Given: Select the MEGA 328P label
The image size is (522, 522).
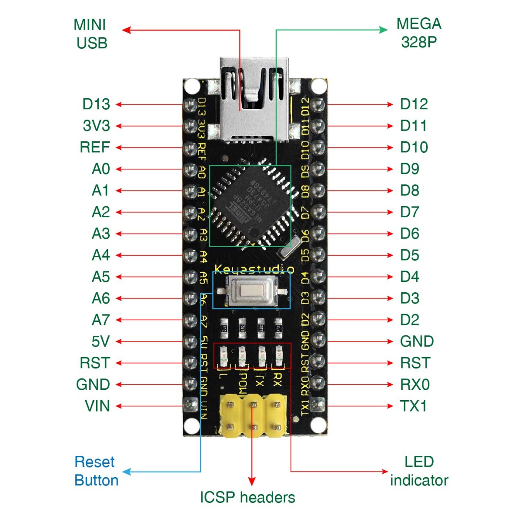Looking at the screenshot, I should click(418, 33).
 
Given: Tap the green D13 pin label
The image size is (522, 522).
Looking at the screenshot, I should click(96, 104).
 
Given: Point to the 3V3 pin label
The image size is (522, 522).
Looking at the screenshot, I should click(96, 126).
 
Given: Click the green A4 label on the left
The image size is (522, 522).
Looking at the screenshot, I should click(100, 255).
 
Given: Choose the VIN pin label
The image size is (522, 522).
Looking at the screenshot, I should click(97, 406).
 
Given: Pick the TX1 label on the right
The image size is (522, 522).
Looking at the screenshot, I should click(413, 406).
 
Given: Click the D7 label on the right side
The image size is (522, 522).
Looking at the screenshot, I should click(409, 212).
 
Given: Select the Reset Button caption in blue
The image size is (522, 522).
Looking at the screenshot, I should click(96, 471).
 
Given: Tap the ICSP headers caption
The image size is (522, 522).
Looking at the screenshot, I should click(247, 497).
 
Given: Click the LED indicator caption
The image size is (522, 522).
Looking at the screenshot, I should click(419, 471).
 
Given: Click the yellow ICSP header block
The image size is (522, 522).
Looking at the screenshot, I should click(253, 415).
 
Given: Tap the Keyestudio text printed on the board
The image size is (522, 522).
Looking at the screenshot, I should click(254, 269).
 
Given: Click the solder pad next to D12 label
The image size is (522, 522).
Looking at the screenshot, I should click(318, 105).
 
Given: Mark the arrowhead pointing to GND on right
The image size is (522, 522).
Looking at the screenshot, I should click(390, 341).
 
